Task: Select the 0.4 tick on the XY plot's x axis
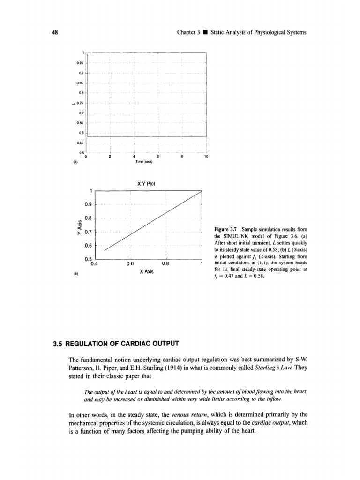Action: [x=94, y=263]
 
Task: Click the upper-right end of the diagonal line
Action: [x=201, y=191]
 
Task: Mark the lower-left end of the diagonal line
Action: [x=104, y=251]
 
